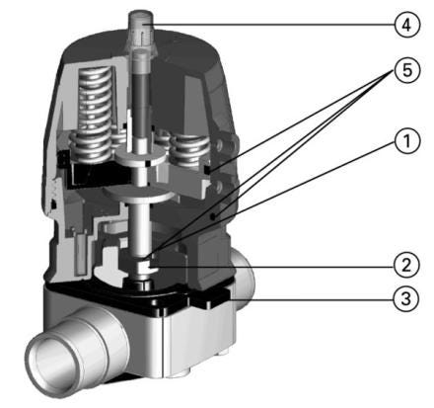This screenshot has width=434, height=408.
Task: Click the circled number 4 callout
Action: [407, 25]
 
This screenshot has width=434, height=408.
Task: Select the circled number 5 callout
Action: [407, 70]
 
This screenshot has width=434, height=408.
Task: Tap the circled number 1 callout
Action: [407, 141]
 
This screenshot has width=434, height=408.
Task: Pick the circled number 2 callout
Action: [407, 265]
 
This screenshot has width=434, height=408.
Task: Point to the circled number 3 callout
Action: [407, 299]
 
